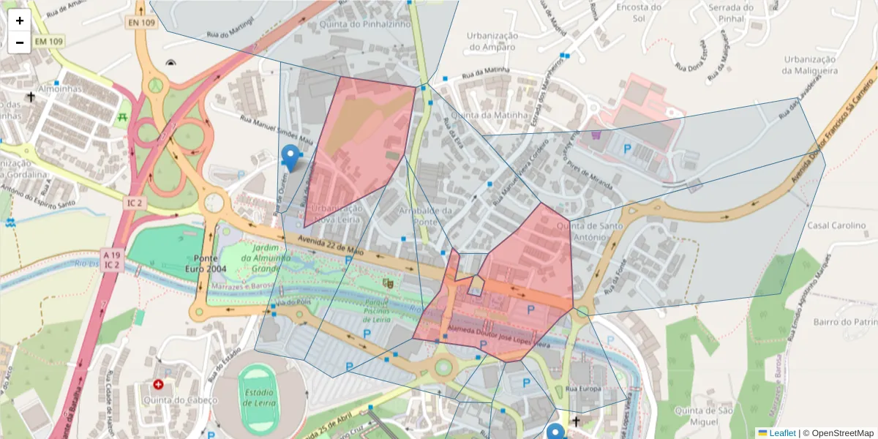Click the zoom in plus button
pyautogui.click(x=20, y=20)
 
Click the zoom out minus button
pyautogui.click(x=20, y=42)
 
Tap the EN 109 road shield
pyautogui.click(x=141, y=23)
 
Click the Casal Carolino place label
pyautogui.click(x=836, y=225)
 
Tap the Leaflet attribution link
pyautogui.click(x=781, y=433)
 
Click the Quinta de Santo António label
pyautogui.click(x=590, y=231)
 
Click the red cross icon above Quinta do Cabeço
pyautogui.click(x=158, y=384)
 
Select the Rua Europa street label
pyautogui.click(x=583, y=388)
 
